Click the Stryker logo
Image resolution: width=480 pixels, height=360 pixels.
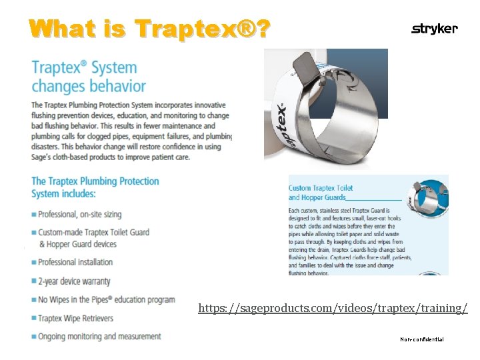click(x=435, y=29)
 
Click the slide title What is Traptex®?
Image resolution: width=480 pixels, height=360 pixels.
click(x=149, y=29)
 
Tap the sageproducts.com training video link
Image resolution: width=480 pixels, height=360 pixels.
click(x=333, y=308)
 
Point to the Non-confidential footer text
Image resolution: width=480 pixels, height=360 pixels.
click(x=421, y=339)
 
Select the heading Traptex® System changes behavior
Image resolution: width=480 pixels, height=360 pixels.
click(x=88, y=77)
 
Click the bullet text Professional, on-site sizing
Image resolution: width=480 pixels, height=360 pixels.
click(x=79, y=215)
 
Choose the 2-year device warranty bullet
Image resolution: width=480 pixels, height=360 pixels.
click(x=74, y=281)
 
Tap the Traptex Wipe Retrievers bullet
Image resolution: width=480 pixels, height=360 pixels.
click(x=75, y=318)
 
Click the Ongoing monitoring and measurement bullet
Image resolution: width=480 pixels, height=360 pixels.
click(x=99, y=336)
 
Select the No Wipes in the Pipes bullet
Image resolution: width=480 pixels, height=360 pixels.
click(x=107, y=299)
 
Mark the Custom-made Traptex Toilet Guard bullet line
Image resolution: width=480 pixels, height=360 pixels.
click(x=93, y=232)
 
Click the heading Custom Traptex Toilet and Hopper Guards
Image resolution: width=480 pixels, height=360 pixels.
click(x=321, y=193)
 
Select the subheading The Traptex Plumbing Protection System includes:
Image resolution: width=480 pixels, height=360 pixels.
click(x=95, y=187)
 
